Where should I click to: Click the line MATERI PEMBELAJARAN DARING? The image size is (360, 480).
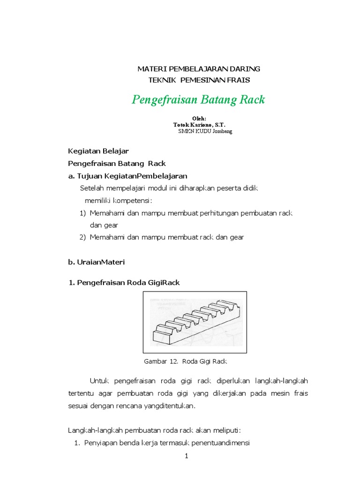[x=198, y=69]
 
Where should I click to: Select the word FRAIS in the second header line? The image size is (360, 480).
[x=240, y=80]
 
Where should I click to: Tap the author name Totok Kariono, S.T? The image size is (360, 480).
[x=199, y=125]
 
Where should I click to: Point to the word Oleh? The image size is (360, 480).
[x=199, y=119]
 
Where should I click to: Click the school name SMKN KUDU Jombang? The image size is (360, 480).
[x=205, y=131]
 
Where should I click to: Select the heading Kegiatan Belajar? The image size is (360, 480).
[x=98, y=151]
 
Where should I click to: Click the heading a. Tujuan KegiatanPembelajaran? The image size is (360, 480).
[x=127, y=176]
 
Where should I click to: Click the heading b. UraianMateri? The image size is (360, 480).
[x=96, y=262]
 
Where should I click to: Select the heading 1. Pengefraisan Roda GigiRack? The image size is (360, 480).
[x=124, y=282]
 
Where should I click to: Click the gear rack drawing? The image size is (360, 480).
[x=195, y=322]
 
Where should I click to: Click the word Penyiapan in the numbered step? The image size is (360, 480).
[x=99, y=443]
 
